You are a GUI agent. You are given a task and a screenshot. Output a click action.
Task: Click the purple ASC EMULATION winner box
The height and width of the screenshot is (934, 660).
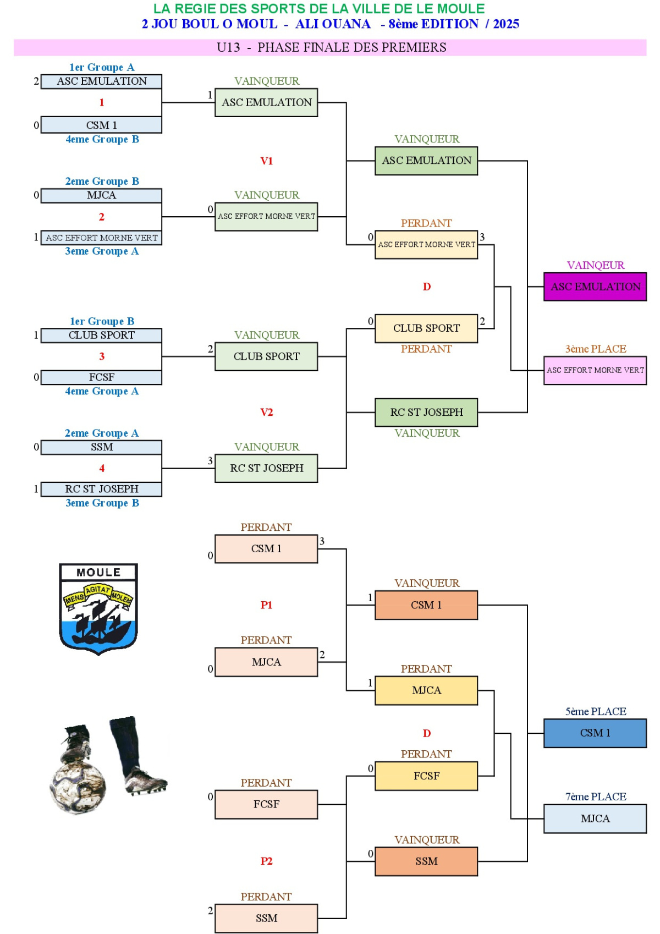pyautogui.click(x=595, y=287)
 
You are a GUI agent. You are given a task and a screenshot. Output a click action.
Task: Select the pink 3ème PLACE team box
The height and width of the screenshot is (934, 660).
pyautogui.click(x=595, y=370)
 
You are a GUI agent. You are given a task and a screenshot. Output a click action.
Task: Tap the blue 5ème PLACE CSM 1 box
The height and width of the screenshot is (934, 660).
pyautogui.click(x=595, y=733)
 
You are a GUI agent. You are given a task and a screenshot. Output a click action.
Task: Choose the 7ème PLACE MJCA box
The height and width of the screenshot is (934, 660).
pyautogui.click(x=595, y=818)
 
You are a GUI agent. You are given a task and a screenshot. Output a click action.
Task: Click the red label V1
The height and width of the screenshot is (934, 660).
pyautogui.click(x=267, y=161)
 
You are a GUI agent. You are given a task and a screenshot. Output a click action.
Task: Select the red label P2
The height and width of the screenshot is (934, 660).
pyautogui.click(x=267, y=861)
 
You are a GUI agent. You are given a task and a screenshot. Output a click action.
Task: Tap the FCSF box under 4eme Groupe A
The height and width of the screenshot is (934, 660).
pyautogui.click(x=102, y=377)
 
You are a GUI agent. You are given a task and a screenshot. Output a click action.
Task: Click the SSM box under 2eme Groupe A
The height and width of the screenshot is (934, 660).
pyautogui.click(x=102, y=447)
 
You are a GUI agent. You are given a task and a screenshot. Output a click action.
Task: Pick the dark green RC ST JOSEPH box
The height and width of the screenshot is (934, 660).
pyautogui.click(x=426, y=413)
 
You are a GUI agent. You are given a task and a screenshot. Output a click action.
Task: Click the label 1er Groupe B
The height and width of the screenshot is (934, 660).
pyautogui.click(x=102, y=321)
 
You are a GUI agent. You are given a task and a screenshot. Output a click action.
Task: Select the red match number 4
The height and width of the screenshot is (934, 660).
pyautogui.click(x=102, y=468)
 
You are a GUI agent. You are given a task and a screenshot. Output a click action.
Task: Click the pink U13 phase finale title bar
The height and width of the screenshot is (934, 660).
pyautogui.click(x=330, y=47)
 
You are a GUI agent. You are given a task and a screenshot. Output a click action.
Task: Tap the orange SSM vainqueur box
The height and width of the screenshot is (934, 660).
pyautogui.click(x=426, y=861)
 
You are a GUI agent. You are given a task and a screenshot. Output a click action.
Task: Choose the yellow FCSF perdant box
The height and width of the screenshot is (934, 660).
pyautogui.click(x=426, y=776)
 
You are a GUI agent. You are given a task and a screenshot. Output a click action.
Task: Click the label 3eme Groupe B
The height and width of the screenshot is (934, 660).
pyautogui.click(x=102, y=503)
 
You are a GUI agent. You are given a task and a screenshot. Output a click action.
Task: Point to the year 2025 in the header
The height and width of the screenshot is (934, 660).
pyautogui.click(x=506, y=24)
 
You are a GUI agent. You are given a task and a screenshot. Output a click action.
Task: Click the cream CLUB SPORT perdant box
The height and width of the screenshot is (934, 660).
pyautogui.click(x=426, y=328)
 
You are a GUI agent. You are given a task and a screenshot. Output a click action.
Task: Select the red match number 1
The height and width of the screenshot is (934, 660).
pyautogui.click(x=102, y=102)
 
